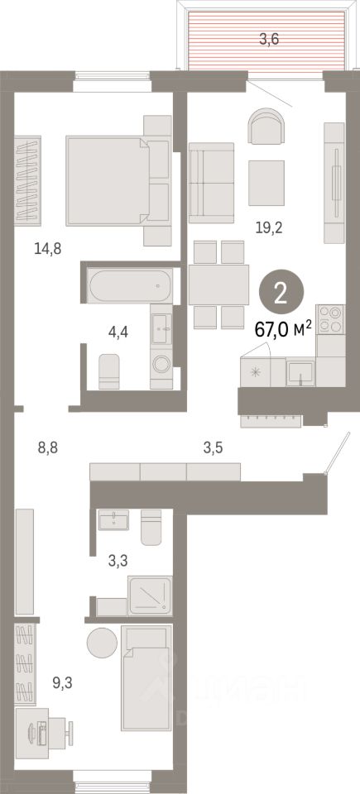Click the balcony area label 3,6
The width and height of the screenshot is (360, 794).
click(x=269, y=39)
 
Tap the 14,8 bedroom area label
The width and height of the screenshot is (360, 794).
click(x=48, y=249)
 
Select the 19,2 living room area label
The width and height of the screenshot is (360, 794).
click(x=270, y=228)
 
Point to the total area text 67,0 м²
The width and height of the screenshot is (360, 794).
click(x=283, y=331)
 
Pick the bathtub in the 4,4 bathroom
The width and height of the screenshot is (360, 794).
click(x=130, y=285)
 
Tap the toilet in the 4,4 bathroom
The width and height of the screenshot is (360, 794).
click(x=108, y=371)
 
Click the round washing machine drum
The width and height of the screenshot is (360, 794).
click(x=161, y=364)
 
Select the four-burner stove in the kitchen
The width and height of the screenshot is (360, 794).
click(x=329, y=319)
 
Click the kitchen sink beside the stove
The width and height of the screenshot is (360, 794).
click(x=300, y=372)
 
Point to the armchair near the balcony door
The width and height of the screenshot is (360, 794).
click(x=266, y=126)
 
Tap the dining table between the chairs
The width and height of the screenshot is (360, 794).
click(x=218, y=285)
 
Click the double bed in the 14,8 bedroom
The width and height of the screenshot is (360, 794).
click(x=118, y=181)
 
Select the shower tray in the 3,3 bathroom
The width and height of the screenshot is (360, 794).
click(x=150, y=595)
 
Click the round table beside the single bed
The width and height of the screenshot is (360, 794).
click(x=103, y=643)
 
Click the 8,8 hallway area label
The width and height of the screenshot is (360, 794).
click(x=48, y=447)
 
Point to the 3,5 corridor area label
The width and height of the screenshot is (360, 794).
click(x=213, y=447)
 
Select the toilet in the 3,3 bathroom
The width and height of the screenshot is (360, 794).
click(x=151, y=527)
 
